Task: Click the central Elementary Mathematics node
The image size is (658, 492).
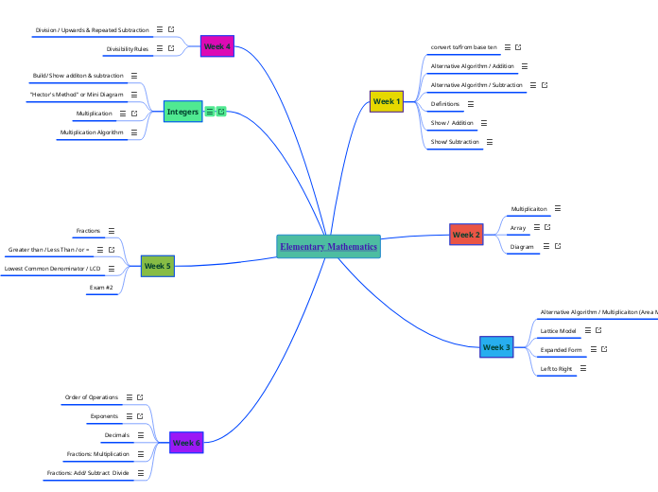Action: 328,247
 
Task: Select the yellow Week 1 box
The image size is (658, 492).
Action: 387,101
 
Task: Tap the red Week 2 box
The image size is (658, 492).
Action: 466,235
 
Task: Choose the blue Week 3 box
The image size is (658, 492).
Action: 496,348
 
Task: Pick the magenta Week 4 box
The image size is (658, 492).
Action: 217,46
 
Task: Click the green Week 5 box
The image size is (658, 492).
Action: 157,267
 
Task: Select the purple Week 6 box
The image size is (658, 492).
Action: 185,443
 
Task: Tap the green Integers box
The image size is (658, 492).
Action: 182,112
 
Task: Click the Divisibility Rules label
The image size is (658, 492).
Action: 127,48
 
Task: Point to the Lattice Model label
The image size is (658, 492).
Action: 558,331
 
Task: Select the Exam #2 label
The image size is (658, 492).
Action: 101,287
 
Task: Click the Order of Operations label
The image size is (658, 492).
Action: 92,397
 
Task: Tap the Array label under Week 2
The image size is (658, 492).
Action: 518,228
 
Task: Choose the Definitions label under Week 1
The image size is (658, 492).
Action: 445,104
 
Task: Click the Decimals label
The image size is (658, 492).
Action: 116,435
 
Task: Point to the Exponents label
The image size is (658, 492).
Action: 104,416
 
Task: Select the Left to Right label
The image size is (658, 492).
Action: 556,369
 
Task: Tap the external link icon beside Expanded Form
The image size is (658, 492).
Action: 604,350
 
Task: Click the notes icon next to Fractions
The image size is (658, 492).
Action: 112,231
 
